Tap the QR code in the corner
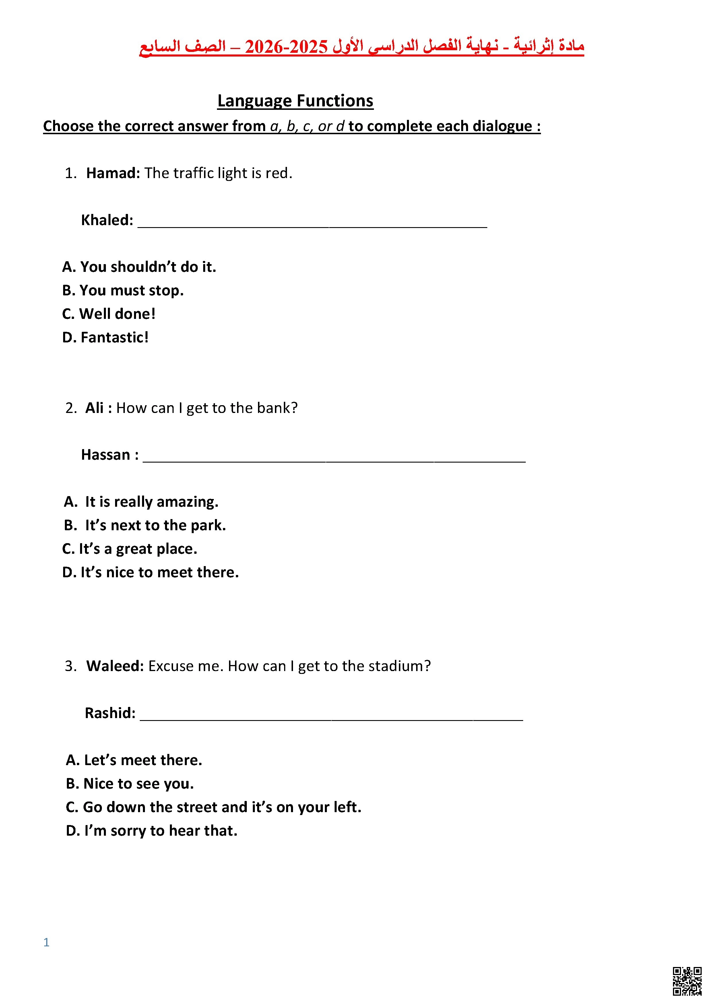pyautogui.click(x=687, y=981)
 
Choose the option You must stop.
pyautogui.click(x=123, y=291)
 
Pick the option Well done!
pyautogui.click(x=109, y=314)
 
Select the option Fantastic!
pyautogui.click(x=105, y=337)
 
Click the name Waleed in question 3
pyautogui.click(x=115, y=666)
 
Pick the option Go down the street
pyautogui.click(x=214, y=807)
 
